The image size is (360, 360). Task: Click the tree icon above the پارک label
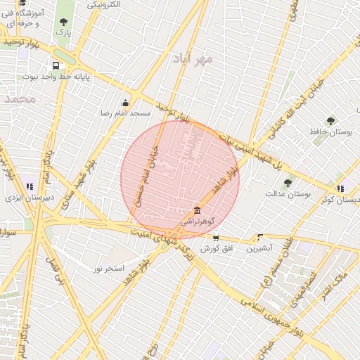64,22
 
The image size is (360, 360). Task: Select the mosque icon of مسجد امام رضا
126,103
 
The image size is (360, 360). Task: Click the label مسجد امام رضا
127,112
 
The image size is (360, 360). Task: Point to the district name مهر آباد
195,59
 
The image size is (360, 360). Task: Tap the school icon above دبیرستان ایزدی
30,186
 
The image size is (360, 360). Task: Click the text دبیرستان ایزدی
25,198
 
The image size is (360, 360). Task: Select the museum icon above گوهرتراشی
197,211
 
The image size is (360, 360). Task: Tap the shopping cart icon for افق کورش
215,238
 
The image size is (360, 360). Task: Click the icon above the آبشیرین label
260,238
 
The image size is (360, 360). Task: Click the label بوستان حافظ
330,131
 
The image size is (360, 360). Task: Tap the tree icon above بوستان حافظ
330,120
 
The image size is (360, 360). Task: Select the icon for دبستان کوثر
340,188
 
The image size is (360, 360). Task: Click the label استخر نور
109,269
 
